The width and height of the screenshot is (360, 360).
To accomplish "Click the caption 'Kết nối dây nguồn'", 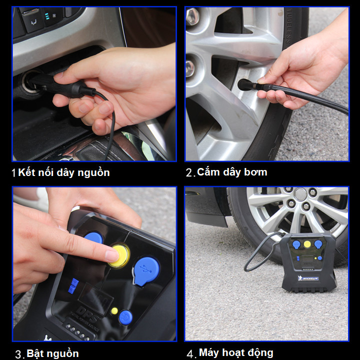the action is click(x=64, y=172).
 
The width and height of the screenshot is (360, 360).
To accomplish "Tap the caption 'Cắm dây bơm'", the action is click(x=232, y=172).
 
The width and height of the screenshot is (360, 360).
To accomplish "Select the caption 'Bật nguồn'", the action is click(x=52, y=353).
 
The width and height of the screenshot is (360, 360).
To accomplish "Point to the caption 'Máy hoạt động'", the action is click(x=236, y=353).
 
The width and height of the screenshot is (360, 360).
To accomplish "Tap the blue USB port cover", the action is click(x=146, y=271).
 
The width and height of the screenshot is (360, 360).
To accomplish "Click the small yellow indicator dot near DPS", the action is click(x=114, y=311).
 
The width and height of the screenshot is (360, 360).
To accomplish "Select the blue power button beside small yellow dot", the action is click(x=125, y=317).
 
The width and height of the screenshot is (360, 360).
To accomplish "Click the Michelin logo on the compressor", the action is click(x=308, y=278).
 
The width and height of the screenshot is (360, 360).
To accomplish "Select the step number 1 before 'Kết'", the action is click(x=14, y=173).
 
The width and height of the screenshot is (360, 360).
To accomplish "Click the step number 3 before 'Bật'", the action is click(x=18, y=354).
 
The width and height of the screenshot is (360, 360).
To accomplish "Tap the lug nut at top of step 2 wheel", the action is click(x=192, y=16).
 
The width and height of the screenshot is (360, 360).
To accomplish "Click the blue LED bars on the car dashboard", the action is click(x=47, y=16).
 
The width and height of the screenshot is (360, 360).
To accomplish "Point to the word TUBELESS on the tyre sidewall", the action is click(x=288, y=26).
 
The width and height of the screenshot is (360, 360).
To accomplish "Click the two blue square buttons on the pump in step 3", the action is click(x=73, y=286).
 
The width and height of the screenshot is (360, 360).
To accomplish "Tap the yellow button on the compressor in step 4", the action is click(x=307, y=244).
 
